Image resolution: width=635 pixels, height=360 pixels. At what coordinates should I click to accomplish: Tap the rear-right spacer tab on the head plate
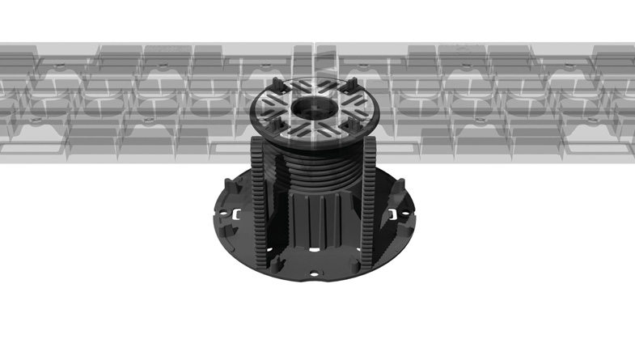click(x=353, y=83)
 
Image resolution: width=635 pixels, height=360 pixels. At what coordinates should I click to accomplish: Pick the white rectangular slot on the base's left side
click(x=238, y=216)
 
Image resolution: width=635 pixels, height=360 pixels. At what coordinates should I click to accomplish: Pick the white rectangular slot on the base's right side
click(x=396, y=215)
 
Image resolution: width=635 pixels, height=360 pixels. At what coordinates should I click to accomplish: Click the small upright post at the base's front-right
click(x=353, y=264)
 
